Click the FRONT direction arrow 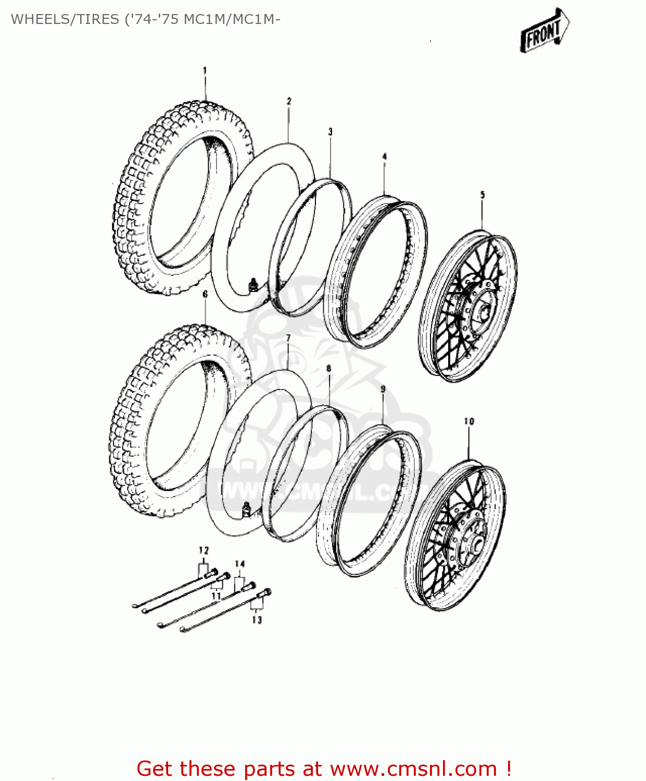544,31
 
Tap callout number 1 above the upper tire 205,70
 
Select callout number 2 289,101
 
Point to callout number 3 330,132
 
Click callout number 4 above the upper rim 384,156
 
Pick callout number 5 482,195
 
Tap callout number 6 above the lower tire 205,294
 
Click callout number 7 288,339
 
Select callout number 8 328,369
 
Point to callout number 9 383,389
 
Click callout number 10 468,421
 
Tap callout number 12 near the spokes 203,550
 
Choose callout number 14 239,564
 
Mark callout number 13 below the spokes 257,620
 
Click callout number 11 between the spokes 216,596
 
